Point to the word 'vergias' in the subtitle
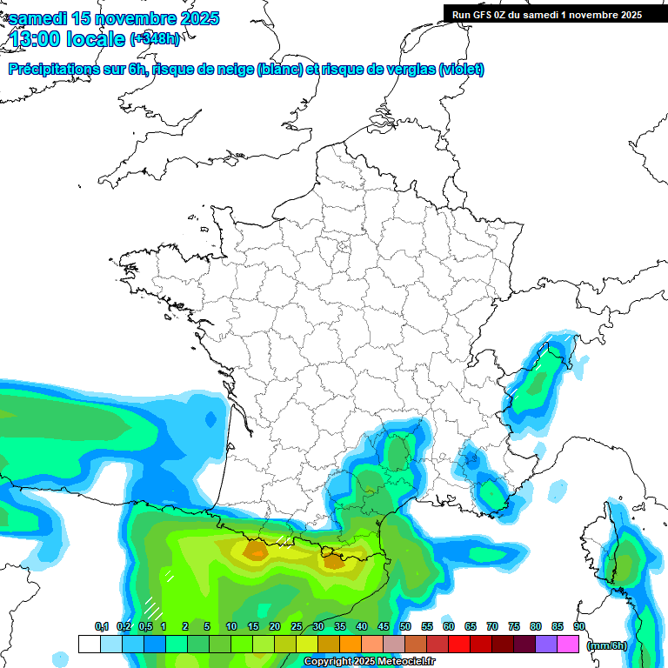(x=403, y=70)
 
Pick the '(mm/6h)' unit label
(x=607, y=645)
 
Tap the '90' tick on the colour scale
(x=578, y=626)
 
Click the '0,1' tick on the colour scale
(x=102, y=626)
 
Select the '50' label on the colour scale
(x=405, y=626)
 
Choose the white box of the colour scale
(x=89, y=644)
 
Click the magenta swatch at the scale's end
(x=568, y=644)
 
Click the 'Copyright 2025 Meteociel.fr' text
(x=369, y=662)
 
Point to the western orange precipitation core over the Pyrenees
(x=256, y=550)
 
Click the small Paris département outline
(x=342, y=250)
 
